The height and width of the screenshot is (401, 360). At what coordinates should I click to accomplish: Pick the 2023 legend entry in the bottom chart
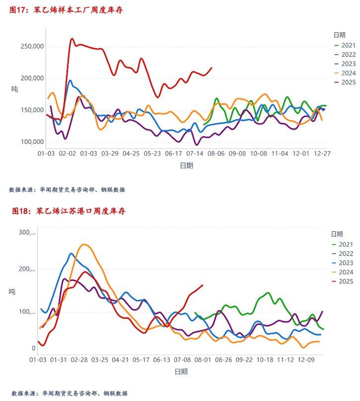point(346,263)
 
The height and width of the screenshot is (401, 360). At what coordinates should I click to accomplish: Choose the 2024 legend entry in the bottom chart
point(346,272)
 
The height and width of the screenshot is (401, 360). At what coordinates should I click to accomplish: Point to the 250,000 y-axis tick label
point(31,46)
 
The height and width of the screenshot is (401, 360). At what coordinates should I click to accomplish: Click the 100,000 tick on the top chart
point(31,142)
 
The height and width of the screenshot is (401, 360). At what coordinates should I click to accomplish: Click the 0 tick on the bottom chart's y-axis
point(33,349)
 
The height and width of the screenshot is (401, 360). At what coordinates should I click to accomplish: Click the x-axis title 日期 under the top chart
point(187,166)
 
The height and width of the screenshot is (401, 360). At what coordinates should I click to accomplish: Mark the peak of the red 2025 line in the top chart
point(72,38)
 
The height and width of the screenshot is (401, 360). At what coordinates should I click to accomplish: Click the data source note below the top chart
point(67,190)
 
